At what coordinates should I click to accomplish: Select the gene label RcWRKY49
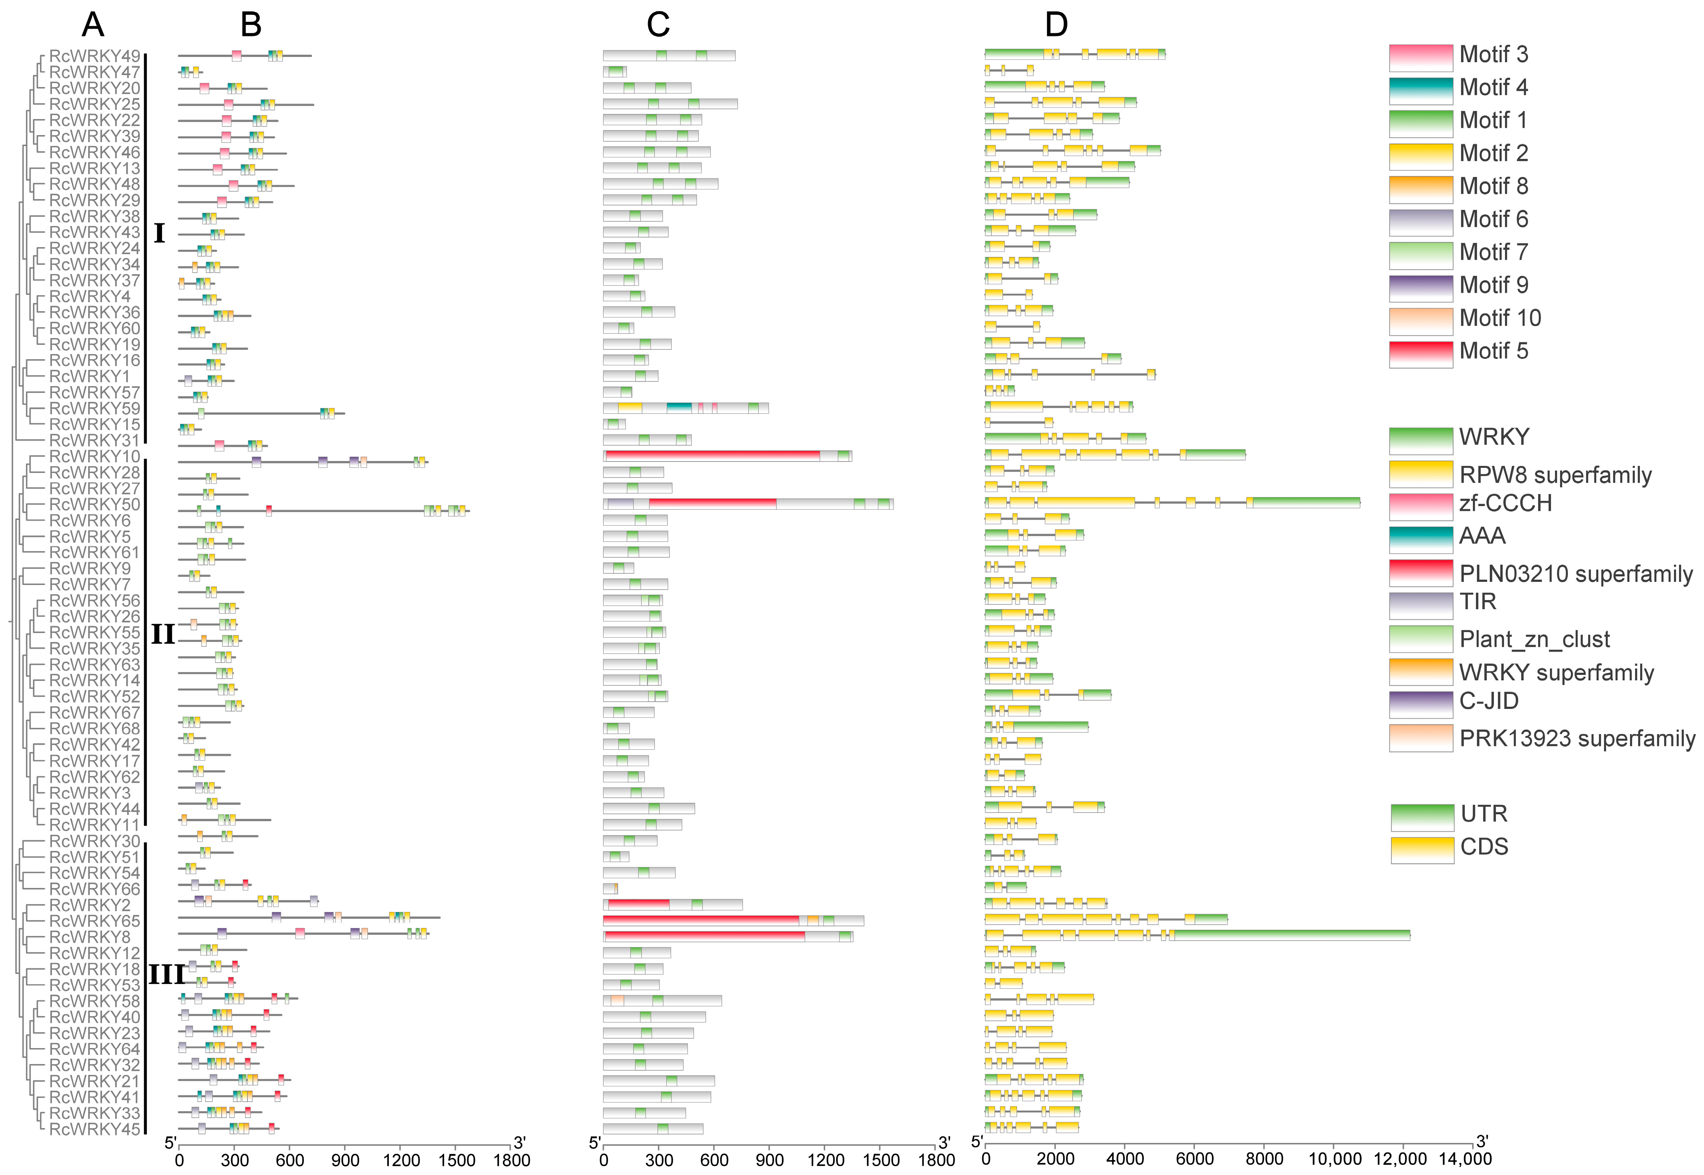pos(94,56)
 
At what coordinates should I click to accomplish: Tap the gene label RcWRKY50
pos(94,504)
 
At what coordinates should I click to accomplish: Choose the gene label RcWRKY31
pos(94,440)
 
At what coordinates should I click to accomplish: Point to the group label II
pos(163,634)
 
